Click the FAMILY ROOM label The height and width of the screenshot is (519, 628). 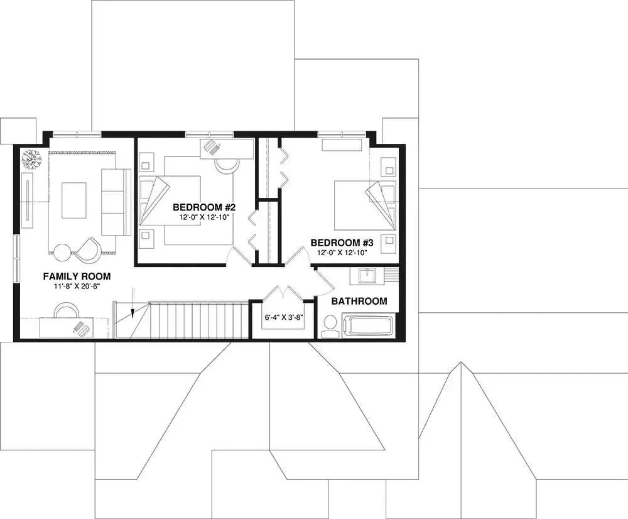77,276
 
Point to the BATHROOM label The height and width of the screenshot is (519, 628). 359,302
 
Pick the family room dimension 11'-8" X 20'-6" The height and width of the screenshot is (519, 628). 77,287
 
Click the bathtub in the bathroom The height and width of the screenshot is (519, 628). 371,326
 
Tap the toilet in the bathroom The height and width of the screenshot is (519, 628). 330,325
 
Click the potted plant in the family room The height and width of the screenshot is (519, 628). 31,159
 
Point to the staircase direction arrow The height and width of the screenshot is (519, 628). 133,304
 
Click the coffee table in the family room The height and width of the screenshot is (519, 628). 73,200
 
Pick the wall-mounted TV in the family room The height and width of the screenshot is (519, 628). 27,200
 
